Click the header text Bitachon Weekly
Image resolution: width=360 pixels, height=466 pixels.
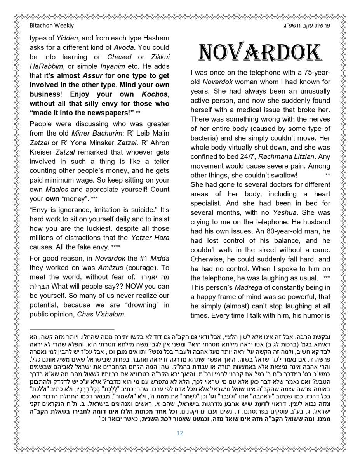(52, 26)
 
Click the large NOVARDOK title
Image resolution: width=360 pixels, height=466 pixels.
(260, 53)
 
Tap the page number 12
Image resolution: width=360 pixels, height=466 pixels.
(180, 433)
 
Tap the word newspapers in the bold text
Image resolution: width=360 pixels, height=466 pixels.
(106, 113)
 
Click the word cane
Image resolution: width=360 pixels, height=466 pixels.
(323, 250)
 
